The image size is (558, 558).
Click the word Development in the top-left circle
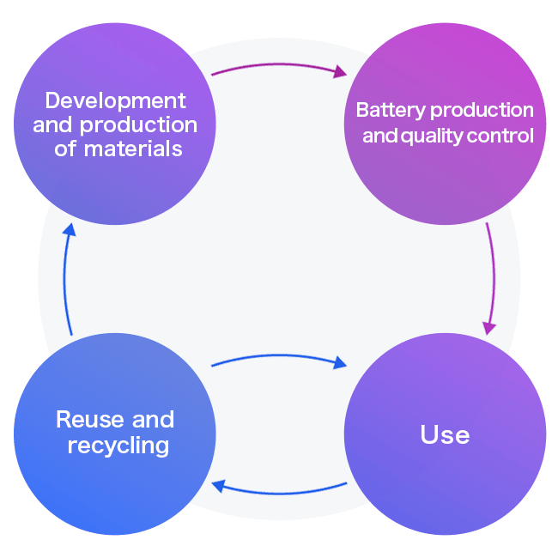click(x=115, y=101)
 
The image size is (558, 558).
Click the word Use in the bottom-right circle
click(x=445, y=434)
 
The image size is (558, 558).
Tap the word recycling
click(x=118, y=446)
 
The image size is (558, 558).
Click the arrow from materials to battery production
click(x=279, y=67)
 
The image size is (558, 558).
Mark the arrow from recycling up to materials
click(x=66, y=279)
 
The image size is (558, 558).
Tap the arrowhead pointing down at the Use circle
click(x=489, y=328)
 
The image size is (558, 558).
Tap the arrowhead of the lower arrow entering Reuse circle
click(x=218, y=487)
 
